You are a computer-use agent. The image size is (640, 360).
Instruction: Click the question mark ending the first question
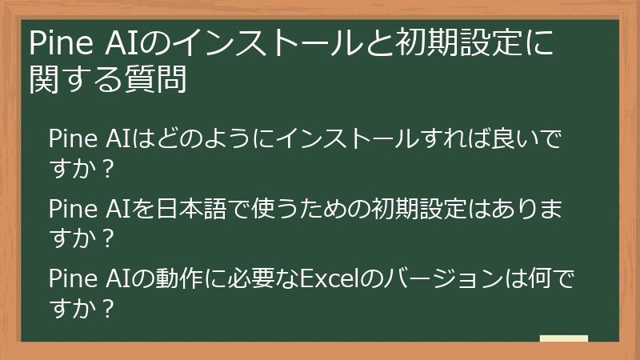(109, 169)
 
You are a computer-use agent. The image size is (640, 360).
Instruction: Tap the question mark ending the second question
(109, 238)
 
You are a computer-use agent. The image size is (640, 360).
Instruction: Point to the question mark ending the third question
(109, 308)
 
